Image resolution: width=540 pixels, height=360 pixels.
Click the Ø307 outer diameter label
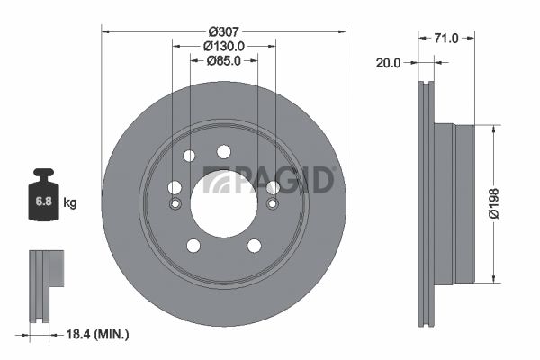223,30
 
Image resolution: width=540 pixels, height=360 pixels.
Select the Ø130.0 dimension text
223,46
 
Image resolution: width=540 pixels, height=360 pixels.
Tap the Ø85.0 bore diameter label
223,62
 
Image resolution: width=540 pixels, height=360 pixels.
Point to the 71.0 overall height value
446,38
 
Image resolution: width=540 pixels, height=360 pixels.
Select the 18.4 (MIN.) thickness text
99,334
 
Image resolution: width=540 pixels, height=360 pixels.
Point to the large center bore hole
223,203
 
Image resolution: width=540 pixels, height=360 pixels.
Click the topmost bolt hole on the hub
223,151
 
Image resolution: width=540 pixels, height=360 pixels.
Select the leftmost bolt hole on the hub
175,187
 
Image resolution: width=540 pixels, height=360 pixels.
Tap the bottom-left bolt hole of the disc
193,245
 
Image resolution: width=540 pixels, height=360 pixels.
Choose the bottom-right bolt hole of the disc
254,245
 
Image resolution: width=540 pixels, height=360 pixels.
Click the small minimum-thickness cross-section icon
47,281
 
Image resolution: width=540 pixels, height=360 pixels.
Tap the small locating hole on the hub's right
272,203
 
